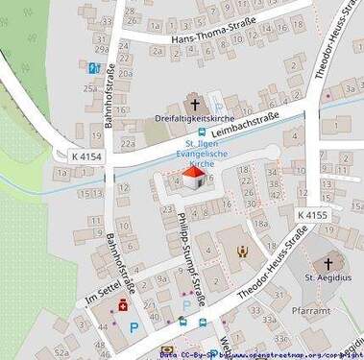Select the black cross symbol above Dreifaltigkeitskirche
194,103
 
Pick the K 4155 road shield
312,215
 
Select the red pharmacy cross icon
123,306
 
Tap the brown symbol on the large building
242,252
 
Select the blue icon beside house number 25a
93,68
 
